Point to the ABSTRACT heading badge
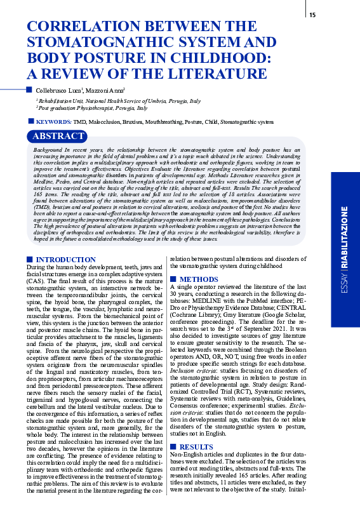tap(58, 137)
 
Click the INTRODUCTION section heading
tap(65, 260)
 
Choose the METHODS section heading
tap(200, 279)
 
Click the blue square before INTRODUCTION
tap(29, 260)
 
